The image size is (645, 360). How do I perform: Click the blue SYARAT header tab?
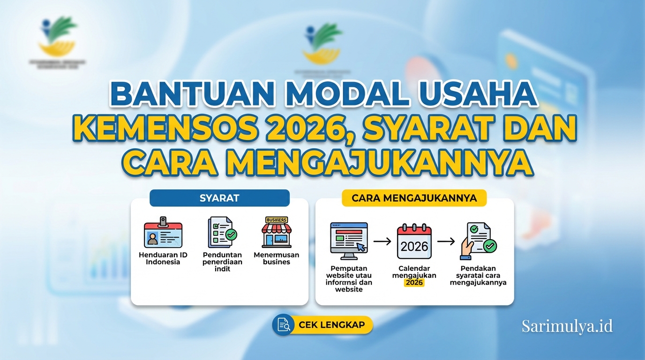[x=219, y=198]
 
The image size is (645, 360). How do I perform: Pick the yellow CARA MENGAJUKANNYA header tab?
[x=414, y=198]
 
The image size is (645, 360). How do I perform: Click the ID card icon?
[x=163, y=233]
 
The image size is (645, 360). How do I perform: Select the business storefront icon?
[x=276, y=232]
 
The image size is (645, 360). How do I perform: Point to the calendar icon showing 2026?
[x=414, y=241]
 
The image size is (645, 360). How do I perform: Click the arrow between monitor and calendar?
[x=382, y=241]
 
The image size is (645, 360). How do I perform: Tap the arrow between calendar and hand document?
[x=446, y=241]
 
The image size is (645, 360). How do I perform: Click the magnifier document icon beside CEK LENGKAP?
[x=283, y=325]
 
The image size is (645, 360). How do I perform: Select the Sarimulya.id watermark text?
[x=567, y=326]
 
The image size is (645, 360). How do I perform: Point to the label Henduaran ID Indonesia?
[x=163, y=258]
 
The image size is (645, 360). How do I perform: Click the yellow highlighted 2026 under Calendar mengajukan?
[x=414, y=283]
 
